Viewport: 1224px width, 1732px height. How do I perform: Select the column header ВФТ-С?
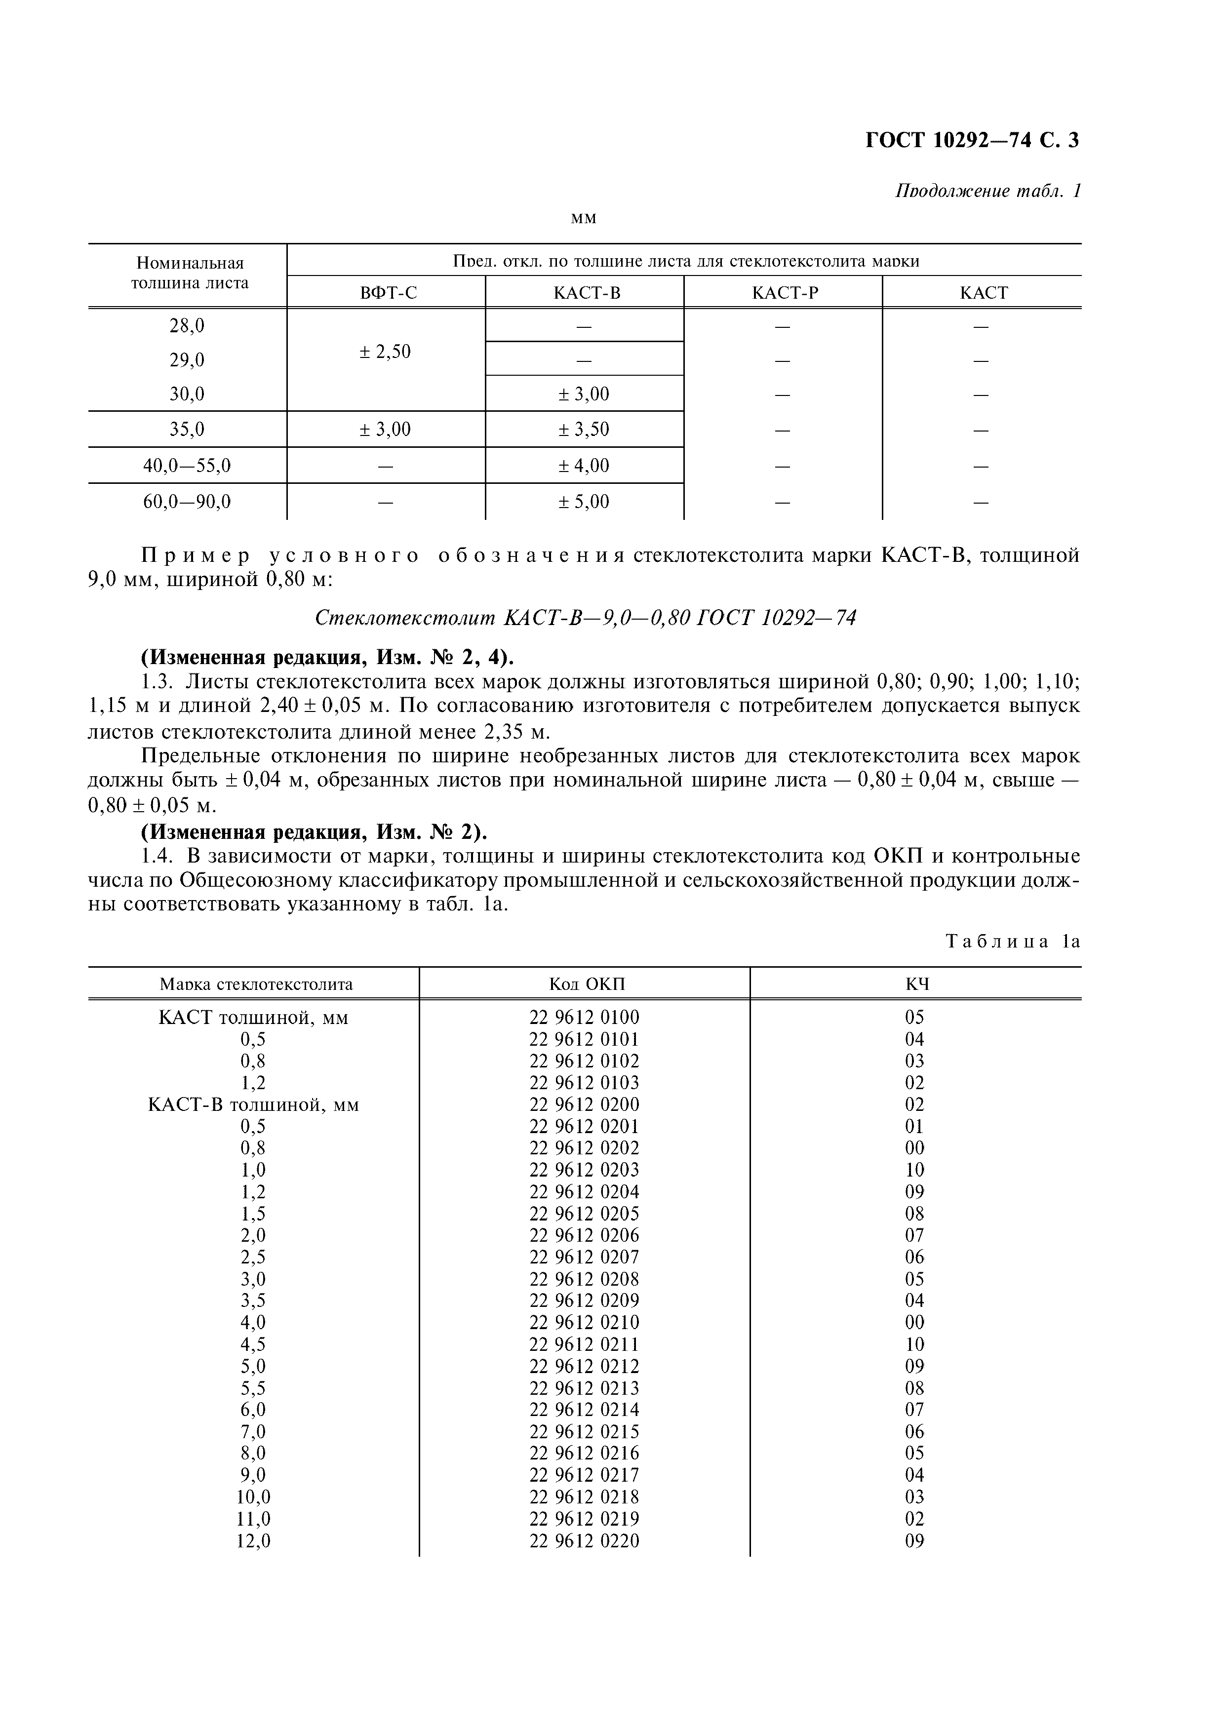pyautogui.click(x=388, y=293)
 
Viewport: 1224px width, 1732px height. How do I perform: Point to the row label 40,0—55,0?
pyautogui.click(x=187, y=466)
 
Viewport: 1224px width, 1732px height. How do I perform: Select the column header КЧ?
pyautogui.click(x=916, y=984)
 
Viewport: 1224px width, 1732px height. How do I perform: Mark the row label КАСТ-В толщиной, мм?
pyautogui.click(x=253, y=1104)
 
